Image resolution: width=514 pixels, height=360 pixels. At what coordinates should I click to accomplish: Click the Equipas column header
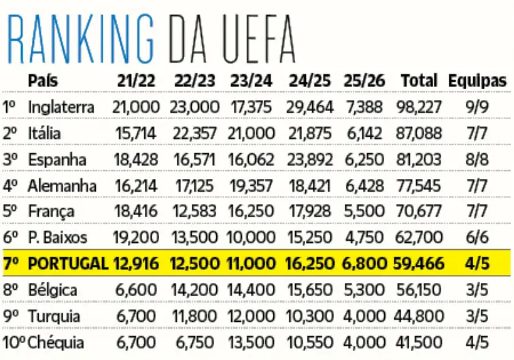point(477,81)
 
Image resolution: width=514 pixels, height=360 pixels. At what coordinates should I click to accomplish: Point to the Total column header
point(419,81)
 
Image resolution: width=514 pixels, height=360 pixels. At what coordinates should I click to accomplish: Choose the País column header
point(43,81)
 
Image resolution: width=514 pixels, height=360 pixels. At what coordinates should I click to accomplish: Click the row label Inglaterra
point(61,107)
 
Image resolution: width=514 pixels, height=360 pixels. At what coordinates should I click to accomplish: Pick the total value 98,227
point(418,107)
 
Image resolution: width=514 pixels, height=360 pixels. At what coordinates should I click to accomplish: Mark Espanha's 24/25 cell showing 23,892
point(309,159)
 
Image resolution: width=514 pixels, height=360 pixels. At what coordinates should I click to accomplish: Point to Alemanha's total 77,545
point(418,185)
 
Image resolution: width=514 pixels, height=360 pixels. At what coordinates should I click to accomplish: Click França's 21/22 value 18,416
point(137,212)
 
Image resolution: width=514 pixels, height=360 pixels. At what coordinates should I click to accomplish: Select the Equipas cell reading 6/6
point(478,238)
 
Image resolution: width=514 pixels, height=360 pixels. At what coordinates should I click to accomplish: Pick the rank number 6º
point(10,238)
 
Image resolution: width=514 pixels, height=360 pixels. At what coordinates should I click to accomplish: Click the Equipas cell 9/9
point(478,107)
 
